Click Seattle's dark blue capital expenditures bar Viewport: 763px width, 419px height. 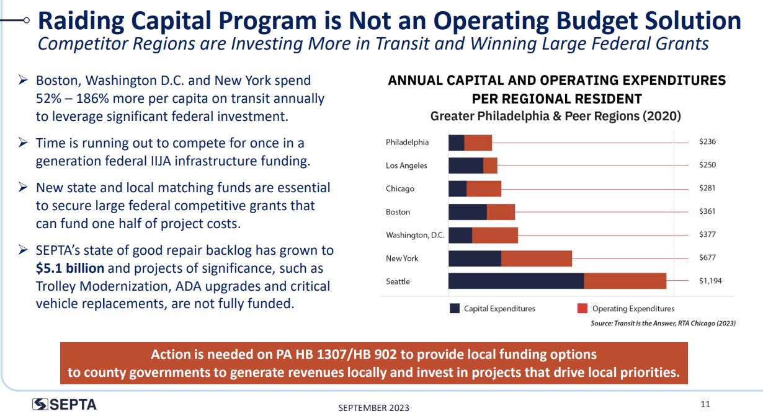[x=515, y=281]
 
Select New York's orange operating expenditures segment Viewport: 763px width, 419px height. [x=536, y=258]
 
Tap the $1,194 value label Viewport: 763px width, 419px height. [x=710, y=281]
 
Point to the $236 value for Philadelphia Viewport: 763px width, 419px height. [x=707, y=142]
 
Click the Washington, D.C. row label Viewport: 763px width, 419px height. [x=415, y=235]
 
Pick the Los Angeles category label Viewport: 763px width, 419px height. [x=406, y=165]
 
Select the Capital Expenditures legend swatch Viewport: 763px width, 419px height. [x=455, y=308]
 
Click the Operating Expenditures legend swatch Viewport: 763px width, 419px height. [x=582, y=308]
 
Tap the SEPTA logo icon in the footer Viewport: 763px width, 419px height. [x=40, y=404]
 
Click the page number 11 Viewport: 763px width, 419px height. [x=705, y=405]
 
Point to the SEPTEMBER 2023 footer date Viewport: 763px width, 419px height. [x=373, y=407]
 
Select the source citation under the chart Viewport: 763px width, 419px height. [x=663, y=323]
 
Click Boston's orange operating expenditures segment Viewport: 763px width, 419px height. [x=501, y=212]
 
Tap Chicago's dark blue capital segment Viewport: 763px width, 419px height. [x=457, y=188]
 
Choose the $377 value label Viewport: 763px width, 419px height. [x=707, y=234]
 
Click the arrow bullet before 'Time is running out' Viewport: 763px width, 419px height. [x=22, y=143]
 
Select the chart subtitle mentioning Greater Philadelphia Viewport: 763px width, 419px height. [x=556, y=116]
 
